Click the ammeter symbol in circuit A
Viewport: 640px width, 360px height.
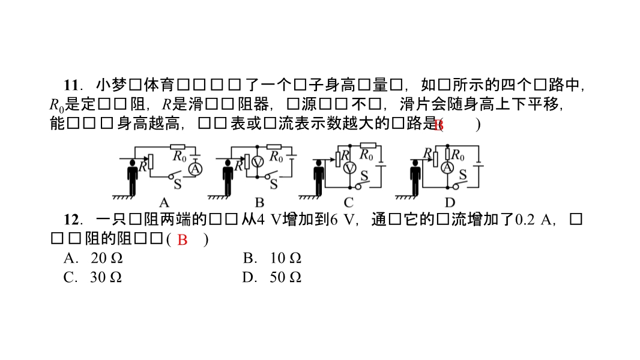point(194,170)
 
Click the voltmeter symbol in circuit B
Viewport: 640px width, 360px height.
point(257,162)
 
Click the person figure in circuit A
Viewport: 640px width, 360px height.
point(132,178)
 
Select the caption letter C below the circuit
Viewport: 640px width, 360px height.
point(349,202)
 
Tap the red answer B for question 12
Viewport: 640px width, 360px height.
point(183,240)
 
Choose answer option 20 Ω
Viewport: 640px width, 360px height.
point(106,259)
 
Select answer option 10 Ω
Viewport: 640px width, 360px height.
point(285,259)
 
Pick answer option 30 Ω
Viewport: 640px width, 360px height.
point(106,278)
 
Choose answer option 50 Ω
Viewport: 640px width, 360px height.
point(285,278)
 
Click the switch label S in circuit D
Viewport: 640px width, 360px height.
point(462,175)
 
